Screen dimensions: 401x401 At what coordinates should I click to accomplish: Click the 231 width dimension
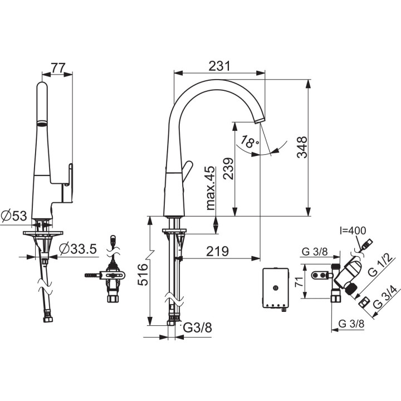coord(219,66)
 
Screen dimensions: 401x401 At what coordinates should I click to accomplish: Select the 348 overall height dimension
coord(302,147)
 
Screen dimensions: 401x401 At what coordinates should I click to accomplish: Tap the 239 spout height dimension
coord(228,169)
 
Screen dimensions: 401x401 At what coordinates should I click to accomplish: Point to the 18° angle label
coord(249,141)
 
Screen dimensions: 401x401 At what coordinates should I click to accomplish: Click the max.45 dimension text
coord(210,188)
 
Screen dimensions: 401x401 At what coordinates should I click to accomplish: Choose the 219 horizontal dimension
coord(217,251)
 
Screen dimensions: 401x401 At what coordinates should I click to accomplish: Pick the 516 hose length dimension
coord(143,275)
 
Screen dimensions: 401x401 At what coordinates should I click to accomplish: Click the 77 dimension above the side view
coord(58,68)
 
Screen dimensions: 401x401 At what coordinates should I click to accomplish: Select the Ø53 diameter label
coord(14,216)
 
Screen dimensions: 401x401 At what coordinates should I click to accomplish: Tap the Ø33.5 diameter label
coord(79,249)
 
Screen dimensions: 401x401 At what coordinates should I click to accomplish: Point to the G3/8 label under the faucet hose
coord(198,327)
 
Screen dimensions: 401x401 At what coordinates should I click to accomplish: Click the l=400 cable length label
coord(353,231)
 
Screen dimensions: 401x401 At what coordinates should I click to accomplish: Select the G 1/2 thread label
coord(380,265)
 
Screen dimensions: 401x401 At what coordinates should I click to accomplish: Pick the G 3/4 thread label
coord(385,297)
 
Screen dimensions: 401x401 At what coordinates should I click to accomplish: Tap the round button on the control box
coord(276,288)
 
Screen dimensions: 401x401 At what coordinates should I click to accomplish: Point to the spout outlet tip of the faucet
coord(260,121)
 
